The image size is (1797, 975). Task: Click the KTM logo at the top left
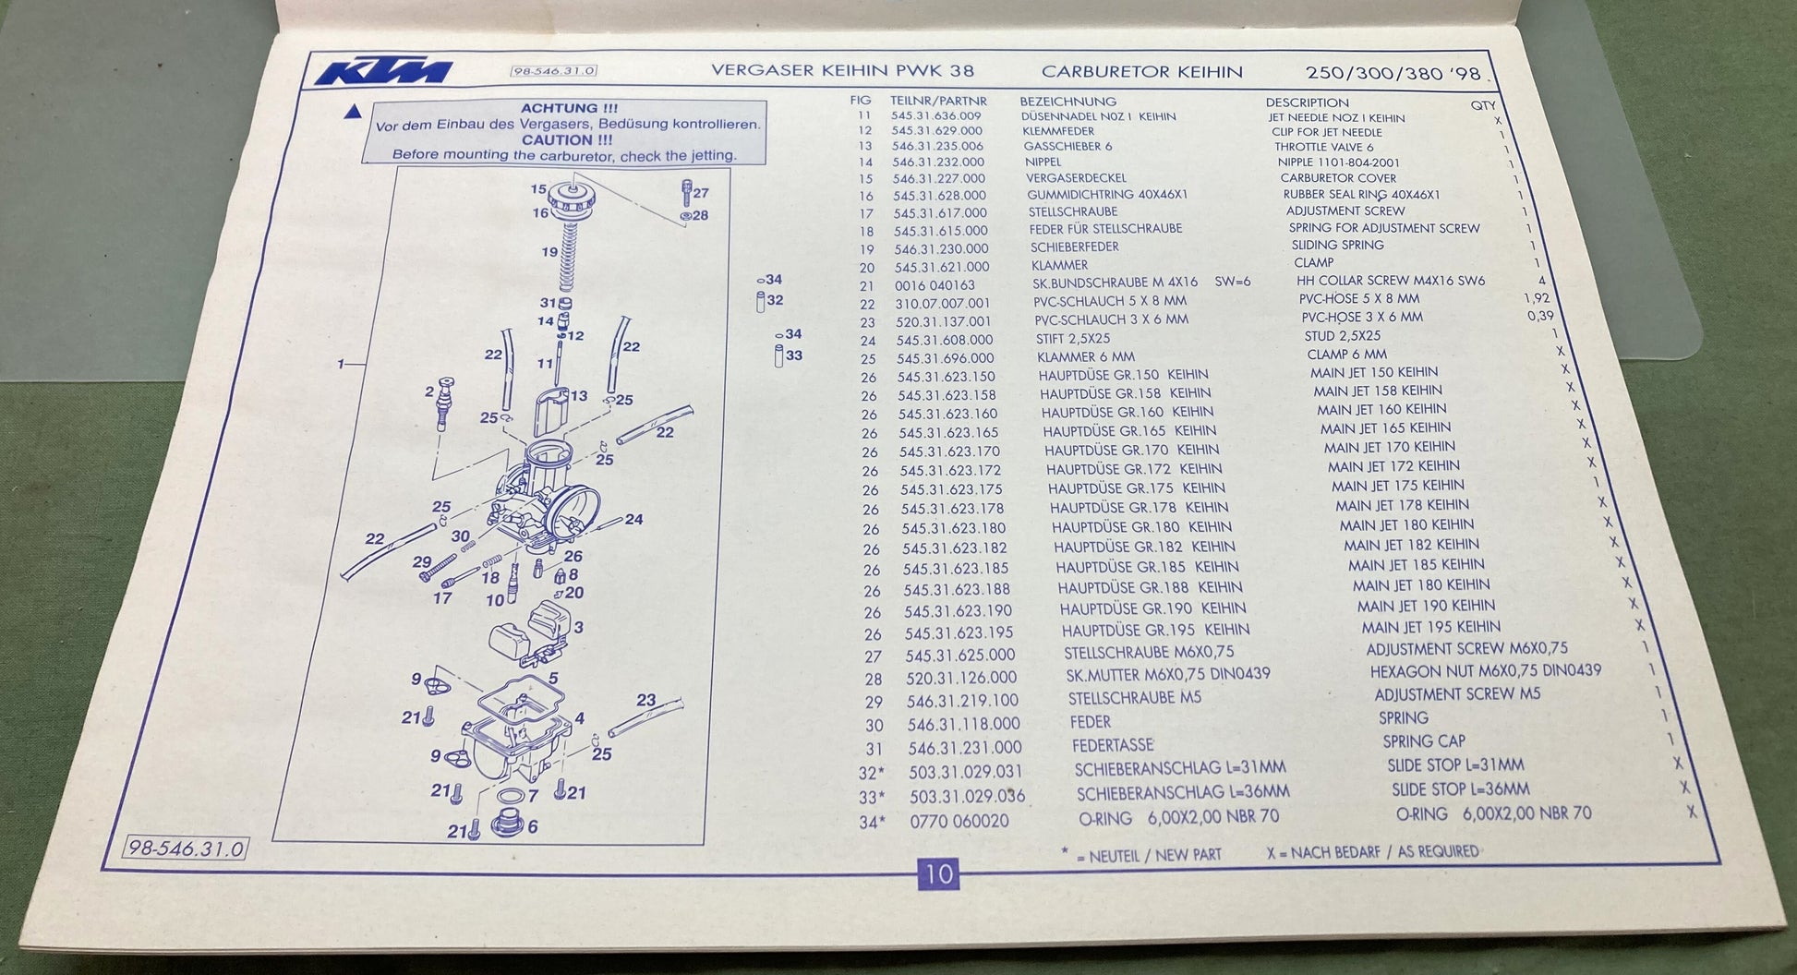pyautogui.click(x=383, y=71)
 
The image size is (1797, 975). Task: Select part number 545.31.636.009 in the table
pyautogui.click(x=936, y=116)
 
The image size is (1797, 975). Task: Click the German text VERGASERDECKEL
pyautogui.click(x=1076, y=178)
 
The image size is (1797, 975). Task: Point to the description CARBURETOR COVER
pyautogui.click(x=1338, y=178)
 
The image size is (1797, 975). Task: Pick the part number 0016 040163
pyautogui.click(x=935, y=285)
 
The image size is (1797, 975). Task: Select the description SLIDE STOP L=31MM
pyautogui.click(x=1455, y=765)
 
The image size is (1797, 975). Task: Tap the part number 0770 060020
pyautogui.click(x=959, y=821)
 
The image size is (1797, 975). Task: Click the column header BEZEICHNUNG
pyautogui.click(x=1067, y=102)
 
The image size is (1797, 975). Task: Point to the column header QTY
pyautogui.click(x=1483, y=105)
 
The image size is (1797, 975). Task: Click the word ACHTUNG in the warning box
pyautogui.click(x=556, y=108)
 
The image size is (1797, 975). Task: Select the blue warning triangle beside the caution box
pyautogui.click(x=352, y=113)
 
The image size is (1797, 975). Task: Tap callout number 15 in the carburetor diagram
pyautogui.click(x=538, y=189)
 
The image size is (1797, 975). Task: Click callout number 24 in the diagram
pyautogui.click(x=633, y=519)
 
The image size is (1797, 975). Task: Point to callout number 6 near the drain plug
pyautogui.click(x=532, y=826)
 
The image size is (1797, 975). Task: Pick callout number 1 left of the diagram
pyautogui.click(x=341, y=365)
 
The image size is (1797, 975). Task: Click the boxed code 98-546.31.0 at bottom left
pyautogui.click(x=187, y=849)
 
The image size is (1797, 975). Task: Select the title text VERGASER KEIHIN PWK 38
pyautogui.click(x=842, y=71)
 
